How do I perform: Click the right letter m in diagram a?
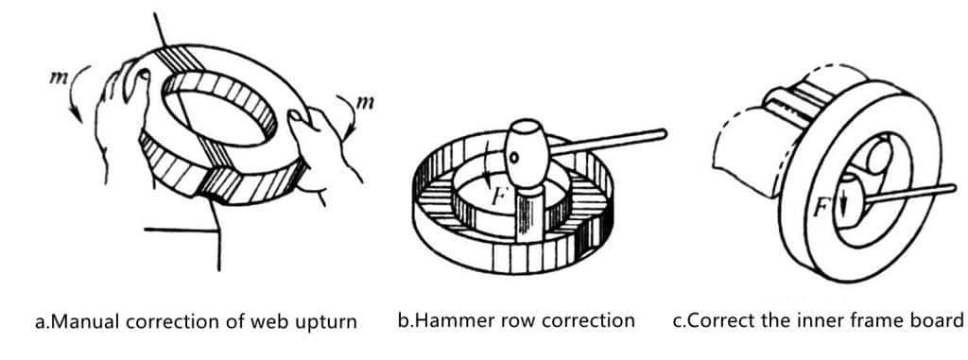tap(366, 102)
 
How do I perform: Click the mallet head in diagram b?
tap(527, 146)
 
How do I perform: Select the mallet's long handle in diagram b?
tap(608, 140)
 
